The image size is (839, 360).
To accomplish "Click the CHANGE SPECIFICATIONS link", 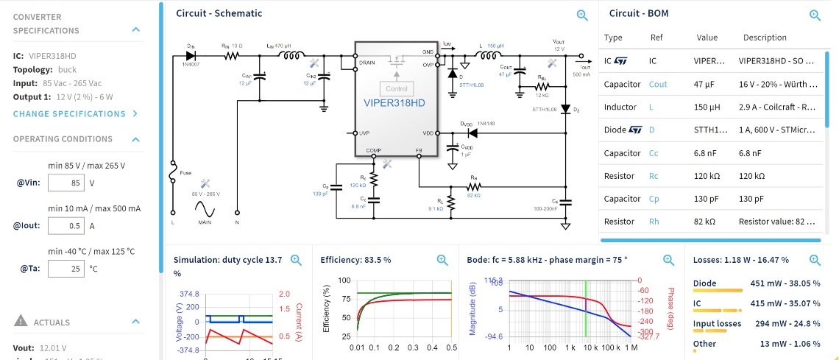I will [x=75, y=114].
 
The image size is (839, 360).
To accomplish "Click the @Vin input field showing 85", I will [x=66, y=183].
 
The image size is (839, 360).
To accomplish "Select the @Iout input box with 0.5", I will [x=66, y=226].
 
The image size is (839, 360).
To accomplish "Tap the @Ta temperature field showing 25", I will [x=66, y=269].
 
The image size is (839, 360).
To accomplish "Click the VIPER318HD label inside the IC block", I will [x=394, y=103].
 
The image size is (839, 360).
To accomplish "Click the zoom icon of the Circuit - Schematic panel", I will [x=582, y=15].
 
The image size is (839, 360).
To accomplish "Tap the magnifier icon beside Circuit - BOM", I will [x=815, y=15].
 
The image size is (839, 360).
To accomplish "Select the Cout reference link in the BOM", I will [x=658, y=85].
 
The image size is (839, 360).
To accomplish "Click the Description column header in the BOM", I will [x=765, y=38].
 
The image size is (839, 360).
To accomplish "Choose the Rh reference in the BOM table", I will [x=654, y=222].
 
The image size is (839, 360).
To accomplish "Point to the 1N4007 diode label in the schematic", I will [x=194, y=64].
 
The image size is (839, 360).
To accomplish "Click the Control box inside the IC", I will [x=396, y=88].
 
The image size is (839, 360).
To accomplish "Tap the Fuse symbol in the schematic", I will [x=173, y=174].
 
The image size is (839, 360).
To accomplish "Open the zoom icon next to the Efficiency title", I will [x=442, y=260].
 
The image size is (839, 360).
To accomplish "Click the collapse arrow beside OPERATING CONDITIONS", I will [x=135, y=139].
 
